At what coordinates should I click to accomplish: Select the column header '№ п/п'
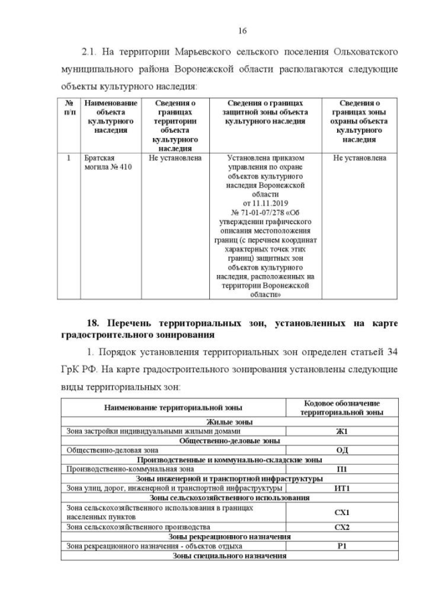click(x=68, y=107)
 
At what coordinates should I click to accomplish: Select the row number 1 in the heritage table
click(x=68, y=158)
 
